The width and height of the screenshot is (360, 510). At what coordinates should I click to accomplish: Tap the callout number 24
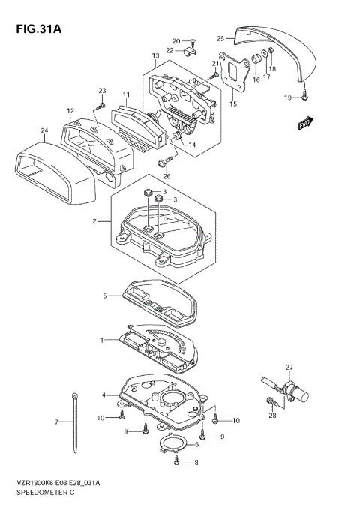point(44,130)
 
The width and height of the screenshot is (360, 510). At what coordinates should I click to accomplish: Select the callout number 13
point(155,56)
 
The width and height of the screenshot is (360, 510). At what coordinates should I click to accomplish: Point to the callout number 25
point(220,38)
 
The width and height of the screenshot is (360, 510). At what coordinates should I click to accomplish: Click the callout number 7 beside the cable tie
point(57,422)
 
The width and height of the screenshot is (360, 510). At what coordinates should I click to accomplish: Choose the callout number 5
point(105,295)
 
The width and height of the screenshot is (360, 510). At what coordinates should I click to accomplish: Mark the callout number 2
point(95,221)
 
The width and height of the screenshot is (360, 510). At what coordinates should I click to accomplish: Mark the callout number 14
point(191,145)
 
